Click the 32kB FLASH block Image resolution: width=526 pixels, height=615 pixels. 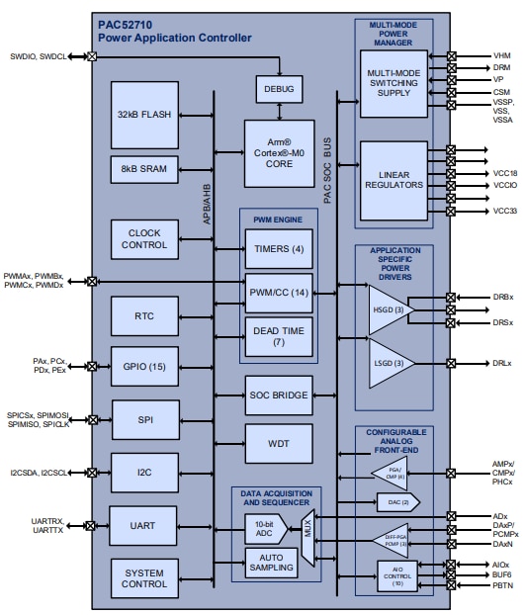pyautogui.click(x=145, y=115)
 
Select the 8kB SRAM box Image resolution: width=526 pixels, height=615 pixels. pyautogui.click(x=145, y=169)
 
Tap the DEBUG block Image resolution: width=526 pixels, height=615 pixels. pyautogui.click(x=280, y=88)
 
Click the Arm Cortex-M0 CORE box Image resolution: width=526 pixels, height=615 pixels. pyautogui.click(x=279, y=146)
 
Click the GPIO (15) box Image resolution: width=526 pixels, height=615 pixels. pyautogui.click(x=145, y=366)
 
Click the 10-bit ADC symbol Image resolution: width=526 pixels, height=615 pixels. pyautogui.click(x=265, y=530)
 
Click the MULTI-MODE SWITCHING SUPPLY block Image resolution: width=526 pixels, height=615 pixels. pyautogui.click(x=393, y=81)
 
